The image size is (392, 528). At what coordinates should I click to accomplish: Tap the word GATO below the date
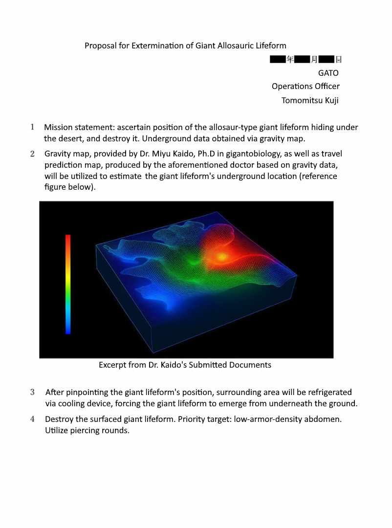tap(328, 73)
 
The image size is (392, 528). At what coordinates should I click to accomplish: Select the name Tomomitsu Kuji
tap(310, 100)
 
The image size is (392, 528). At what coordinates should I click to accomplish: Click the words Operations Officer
tap(305, 87)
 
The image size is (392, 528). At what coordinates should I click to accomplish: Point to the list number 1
tap(32, 127)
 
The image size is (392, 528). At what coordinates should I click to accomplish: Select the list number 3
tap(32, 392)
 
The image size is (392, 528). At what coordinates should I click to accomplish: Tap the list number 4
tap(32, 419)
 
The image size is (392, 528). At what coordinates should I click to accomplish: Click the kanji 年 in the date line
tap(290, 60)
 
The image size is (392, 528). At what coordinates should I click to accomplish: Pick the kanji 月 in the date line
tap(314, 60)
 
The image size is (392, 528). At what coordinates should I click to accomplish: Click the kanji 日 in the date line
tap(338, 60)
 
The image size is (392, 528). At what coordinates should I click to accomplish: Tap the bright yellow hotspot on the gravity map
tap(222, 256)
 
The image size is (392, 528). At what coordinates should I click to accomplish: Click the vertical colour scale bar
tap(68, 284)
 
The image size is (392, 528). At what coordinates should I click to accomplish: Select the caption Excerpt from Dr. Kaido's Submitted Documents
tap(185, 365)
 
